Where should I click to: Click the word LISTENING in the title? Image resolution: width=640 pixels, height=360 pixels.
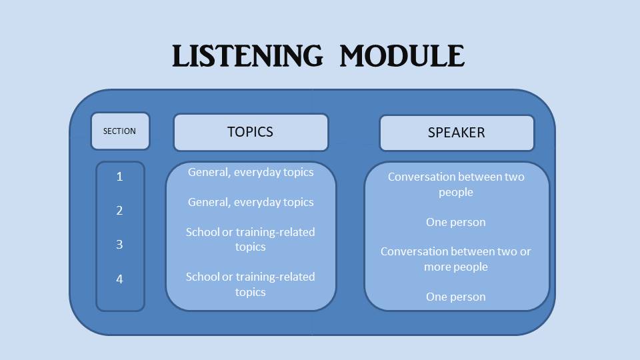tap(247, 56)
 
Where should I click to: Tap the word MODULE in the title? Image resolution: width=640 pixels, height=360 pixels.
tap(402, 56)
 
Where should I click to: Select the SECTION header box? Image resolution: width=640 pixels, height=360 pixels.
tap(120, 131)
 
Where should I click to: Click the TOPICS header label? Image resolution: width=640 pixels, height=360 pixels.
tap(251, 132)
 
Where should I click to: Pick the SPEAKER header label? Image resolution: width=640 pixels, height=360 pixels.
tap(457, 133)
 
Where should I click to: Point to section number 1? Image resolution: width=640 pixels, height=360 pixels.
tap(120, 177)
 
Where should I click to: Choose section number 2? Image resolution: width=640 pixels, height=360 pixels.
tap(120, 211)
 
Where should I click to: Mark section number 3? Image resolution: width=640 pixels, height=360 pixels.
tap(120, 245)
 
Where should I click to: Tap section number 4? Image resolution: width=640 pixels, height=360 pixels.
tap(120, 279)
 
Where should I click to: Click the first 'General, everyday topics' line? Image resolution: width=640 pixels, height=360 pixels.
tap(251, 172)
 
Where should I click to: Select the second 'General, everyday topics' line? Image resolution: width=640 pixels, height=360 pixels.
tap(251, 202)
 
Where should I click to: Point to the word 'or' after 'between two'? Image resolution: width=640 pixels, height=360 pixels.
tap(525, 251)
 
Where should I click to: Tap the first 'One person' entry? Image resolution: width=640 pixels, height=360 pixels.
tap(456, 222)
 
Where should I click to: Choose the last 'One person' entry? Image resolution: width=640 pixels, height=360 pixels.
tap(456, 297)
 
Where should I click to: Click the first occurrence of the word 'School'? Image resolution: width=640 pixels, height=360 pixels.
tap(203, 232)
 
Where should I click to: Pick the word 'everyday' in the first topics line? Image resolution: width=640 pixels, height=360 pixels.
tap(259, 172)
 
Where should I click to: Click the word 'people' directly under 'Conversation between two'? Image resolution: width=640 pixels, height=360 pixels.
tap(456, 192)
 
